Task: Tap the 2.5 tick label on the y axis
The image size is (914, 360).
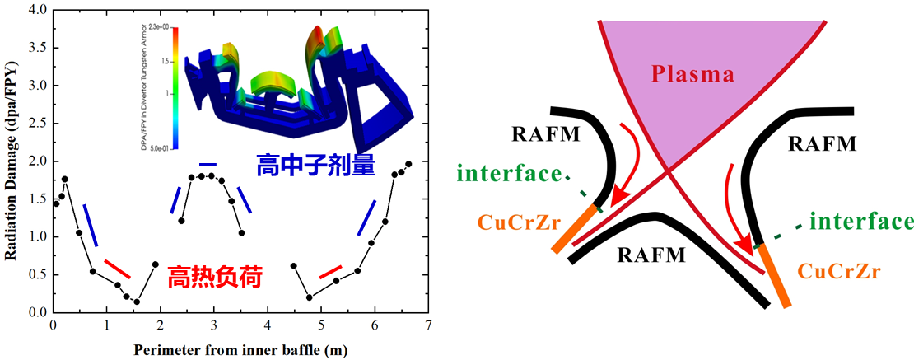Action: point(36,124)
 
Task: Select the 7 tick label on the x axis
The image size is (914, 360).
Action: point(429,325)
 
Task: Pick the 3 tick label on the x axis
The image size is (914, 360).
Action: point(214,325)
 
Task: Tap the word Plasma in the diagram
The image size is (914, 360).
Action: point(692,75)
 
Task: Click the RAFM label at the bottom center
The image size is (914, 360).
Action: point(651,255)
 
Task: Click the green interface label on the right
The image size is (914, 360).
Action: point(861,222)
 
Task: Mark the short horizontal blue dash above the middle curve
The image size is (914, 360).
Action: point(208,163)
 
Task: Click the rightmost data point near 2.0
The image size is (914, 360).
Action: point(408,164)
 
